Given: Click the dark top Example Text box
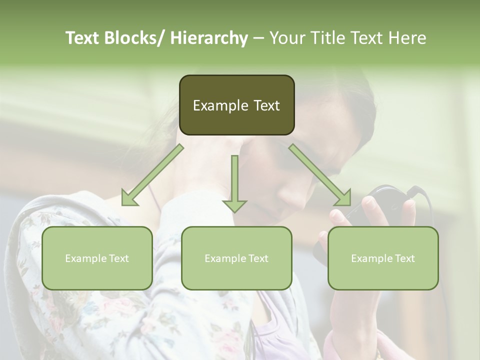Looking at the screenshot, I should [x=236, y=105].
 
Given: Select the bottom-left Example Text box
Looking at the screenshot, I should [x=97, y=258].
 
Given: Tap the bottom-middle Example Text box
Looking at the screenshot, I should [x=236, y=258].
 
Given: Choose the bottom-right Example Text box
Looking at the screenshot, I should [x=383, y=258].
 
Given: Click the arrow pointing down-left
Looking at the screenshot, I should [x=152, y=175].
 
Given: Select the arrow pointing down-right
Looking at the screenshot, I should [x=320, y=175].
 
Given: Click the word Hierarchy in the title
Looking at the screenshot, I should [x=209, y=38].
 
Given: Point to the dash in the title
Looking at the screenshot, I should [x=258, y=38].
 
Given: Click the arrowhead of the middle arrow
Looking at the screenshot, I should [x=234, y=204].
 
